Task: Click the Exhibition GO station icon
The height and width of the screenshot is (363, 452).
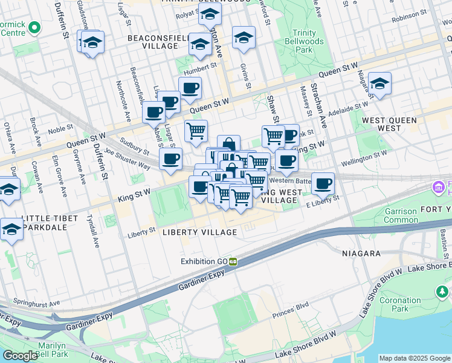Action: point(232,262)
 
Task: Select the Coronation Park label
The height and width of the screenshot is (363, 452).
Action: point(401,304)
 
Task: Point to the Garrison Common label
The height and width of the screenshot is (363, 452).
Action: point(401,216)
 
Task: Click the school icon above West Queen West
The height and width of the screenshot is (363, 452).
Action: point(379,85)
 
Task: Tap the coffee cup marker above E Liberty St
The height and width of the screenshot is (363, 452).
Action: point(323,183)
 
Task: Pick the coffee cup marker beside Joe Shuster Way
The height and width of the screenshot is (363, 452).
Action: point(170,159)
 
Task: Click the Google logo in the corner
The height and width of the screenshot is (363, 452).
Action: point(20,356)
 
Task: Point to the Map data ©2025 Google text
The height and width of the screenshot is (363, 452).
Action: point(415,358)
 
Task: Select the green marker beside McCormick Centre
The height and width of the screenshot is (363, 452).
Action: point(34,27)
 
